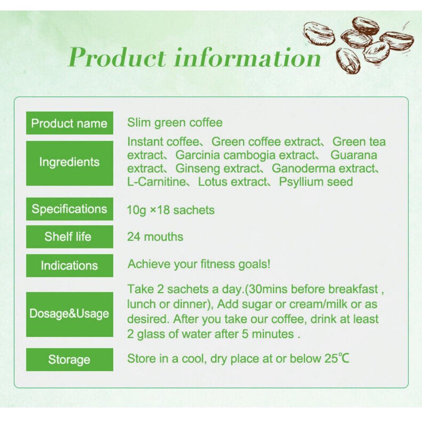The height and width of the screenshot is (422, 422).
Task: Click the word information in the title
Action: click(247, 57)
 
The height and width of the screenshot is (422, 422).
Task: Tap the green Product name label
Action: click(69, 123)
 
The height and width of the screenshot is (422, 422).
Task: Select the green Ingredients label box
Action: click(69, 162)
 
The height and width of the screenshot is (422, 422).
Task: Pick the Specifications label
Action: click(69, 209)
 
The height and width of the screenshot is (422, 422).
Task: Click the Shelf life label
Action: click(69, 237)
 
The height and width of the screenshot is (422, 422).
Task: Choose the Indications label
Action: click(69, 265)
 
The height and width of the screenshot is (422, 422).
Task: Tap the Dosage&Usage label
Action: click(69, 314)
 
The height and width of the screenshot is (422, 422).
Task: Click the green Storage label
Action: click(69, 359)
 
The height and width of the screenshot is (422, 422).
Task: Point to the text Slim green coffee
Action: click(175, 122)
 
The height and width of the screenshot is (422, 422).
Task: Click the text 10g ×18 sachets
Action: click(171, 210)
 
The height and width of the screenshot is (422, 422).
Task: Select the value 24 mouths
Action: click(155, 237)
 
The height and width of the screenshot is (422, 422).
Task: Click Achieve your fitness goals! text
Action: click(199, 264)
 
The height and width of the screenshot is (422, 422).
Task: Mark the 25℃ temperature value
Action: click(336, 359)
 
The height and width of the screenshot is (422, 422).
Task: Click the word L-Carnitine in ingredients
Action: click(157, 182)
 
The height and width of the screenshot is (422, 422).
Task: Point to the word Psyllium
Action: click(303, 182)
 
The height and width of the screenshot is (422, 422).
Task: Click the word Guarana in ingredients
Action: click(354, 155)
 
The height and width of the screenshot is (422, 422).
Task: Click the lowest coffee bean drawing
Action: click(348, 60)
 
